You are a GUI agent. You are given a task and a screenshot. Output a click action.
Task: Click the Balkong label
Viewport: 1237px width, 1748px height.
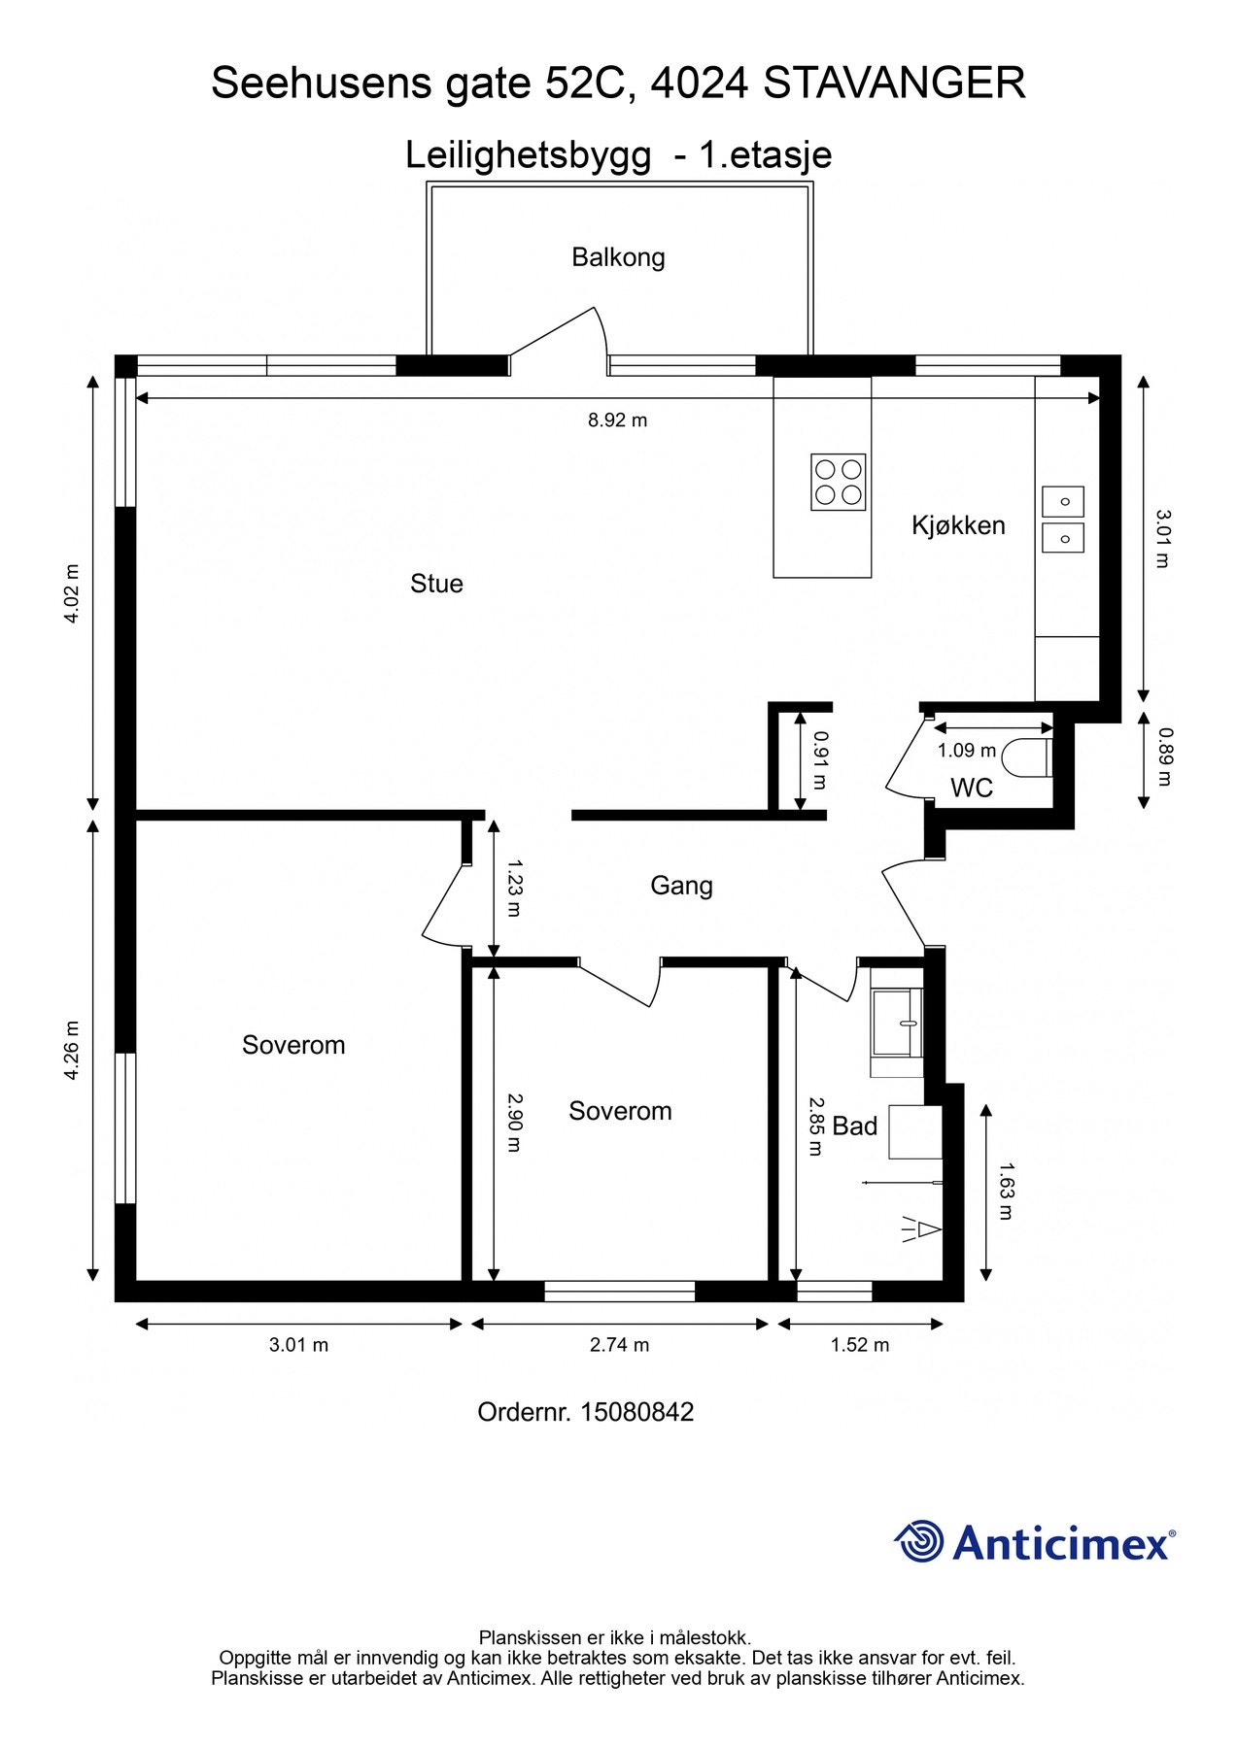pos(618,257)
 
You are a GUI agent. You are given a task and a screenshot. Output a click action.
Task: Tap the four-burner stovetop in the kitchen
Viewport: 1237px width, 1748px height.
pos(839,482)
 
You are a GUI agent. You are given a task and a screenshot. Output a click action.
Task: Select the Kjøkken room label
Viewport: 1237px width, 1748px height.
pos(958,525)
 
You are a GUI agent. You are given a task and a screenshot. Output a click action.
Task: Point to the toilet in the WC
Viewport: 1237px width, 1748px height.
pos(1028,757)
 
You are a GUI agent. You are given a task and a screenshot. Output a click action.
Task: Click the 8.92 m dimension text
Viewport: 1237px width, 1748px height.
pos(617,420)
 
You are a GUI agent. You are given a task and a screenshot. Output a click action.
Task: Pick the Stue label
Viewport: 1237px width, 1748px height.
pos(436,584)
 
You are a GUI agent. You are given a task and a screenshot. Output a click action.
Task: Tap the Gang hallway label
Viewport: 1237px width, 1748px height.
pos(681,886)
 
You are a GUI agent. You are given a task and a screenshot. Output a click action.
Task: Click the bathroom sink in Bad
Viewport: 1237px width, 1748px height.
pos(898,1022)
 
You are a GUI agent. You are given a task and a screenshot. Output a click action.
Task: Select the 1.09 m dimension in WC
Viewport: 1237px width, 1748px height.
pos(967,751)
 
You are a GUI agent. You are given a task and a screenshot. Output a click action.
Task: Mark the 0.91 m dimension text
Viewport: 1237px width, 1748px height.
pos(819,759)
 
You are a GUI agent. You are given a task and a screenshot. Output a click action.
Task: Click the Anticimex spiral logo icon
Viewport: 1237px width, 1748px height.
pos(919,1541)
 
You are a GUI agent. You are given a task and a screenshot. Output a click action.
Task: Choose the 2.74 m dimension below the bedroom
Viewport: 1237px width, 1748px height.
pos(619,1345)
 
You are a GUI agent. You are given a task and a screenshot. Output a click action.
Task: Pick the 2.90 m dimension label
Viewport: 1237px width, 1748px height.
pos(515,1123)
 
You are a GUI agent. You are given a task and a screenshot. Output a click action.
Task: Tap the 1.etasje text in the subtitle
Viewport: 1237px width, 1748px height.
pos(766,155)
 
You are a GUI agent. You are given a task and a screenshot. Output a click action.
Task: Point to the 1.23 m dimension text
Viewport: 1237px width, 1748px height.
pos(515,888)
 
